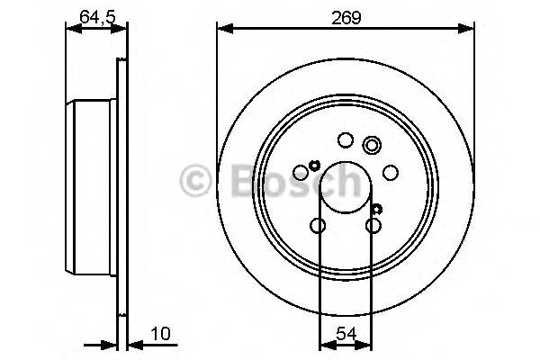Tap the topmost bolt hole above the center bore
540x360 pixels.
345,139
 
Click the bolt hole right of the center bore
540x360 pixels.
391,172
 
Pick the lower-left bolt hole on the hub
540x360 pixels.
318,226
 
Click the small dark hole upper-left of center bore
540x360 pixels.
314,164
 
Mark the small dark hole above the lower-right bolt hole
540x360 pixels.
374,209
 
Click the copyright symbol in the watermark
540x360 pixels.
193,181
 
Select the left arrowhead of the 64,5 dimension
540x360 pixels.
72,30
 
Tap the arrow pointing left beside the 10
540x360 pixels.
131,343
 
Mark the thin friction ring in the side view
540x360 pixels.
121,189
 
